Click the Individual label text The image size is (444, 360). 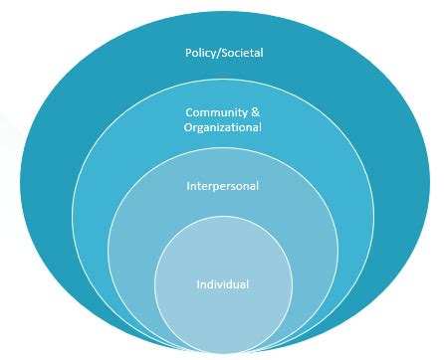222,285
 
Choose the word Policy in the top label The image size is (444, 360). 200,51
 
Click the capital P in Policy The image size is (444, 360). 188,51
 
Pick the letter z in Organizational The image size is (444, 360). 226,127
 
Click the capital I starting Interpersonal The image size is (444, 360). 188,186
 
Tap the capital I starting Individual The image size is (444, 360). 197,285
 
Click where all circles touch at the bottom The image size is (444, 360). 222,353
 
